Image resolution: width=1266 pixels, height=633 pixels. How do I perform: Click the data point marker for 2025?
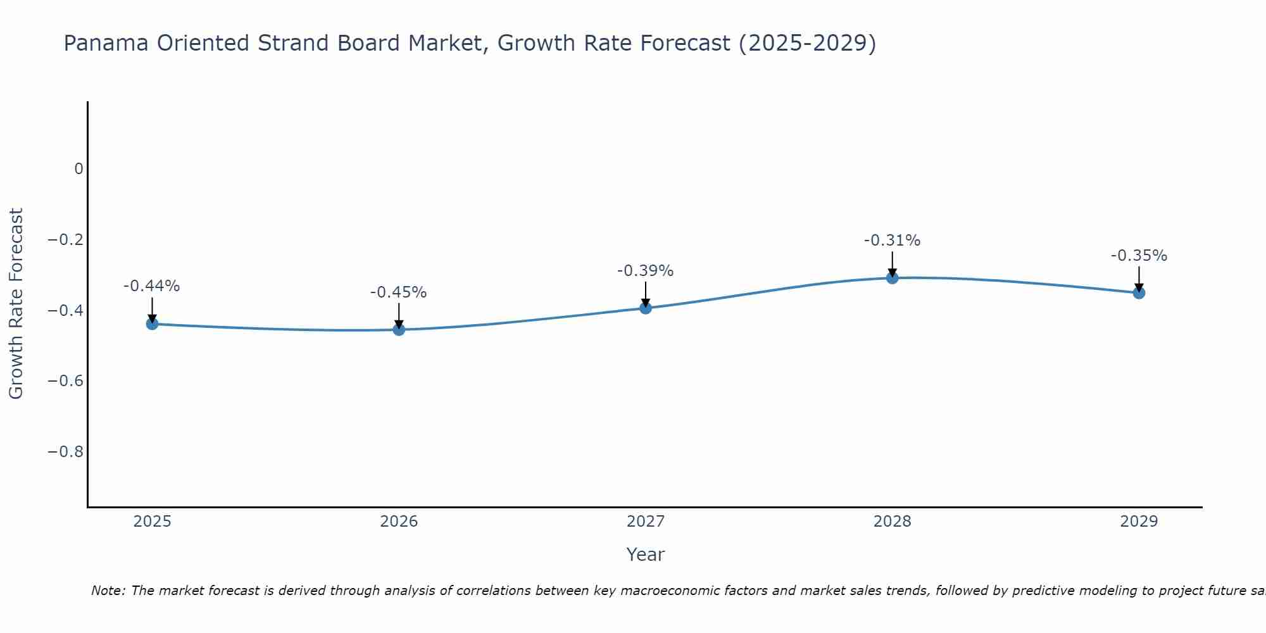point(152,323)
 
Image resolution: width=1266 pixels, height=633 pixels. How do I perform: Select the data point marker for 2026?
point(399,329)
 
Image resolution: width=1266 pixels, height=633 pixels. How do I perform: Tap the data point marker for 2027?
point(646,308)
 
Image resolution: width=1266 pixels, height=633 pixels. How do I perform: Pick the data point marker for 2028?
point(893,277)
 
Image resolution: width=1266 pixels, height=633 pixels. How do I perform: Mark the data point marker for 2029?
point(1139,292)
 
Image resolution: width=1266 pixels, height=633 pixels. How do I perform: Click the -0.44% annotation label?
point(152,286)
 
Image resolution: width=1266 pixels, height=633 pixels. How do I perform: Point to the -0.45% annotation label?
point(399,292)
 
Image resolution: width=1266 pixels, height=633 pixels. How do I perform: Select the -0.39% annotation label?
point(646,271)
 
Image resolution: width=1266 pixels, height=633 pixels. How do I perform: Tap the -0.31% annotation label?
point(893,241)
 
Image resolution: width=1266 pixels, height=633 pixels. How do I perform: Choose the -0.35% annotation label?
point(1139,256)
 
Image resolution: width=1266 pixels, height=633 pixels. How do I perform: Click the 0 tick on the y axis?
point(78,169)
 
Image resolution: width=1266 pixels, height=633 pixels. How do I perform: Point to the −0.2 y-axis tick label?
point(65,240)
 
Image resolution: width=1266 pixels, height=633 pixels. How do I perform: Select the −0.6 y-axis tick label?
point(65,381)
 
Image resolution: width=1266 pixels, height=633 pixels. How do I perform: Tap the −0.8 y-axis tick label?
point(65,452)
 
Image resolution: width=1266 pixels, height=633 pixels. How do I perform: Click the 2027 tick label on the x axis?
point(646,522)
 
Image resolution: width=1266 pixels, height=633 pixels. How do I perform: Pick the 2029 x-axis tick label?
point(1139,522)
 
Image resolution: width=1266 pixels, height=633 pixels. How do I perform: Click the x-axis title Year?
point(646,555)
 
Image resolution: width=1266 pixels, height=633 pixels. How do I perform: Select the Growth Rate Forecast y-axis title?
point(16,304)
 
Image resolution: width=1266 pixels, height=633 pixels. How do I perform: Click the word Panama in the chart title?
point(106,43)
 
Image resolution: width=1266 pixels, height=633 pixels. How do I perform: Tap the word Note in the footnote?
point(108,591)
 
